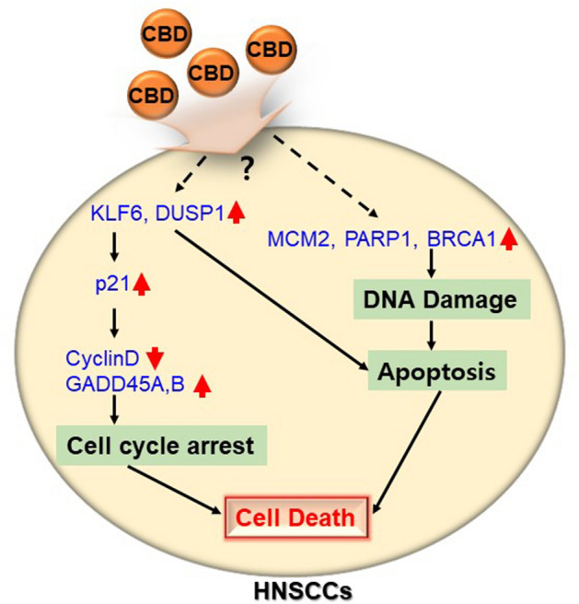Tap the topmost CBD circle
[x=168, y=37]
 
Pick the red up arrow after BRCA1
[x=507, y=240]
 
